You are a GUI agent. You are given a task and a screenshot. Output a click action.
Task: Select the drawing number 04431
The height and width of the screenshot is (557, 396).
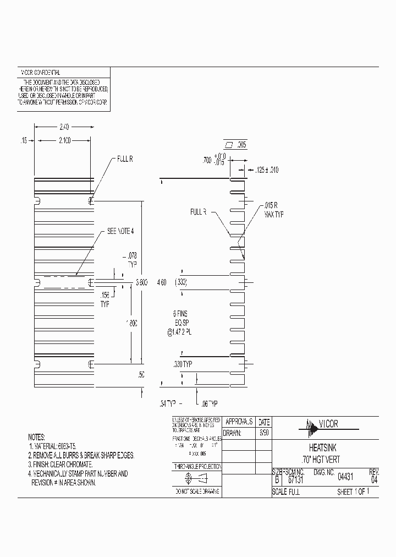tap(345, 479)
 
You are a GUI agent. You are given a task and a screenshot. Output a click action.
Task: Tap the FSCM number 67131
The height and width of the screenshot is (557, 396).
tap(296, 479)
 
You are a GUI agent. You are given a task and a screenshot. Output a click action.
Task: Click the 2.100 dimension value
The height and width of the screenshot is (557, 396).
tap(64, 140)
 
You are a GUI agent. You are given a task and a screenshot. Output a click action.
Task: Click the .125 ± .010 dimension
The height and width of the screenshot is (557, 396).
tap(267, 170)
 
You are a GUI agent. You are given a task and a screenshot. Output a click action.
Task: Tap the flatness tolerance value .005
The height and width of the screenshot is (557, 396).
tap(242, 145)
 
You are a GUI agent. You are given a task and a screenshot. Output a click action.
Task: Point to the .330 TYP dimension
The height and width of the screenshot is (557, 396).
tap(183, 364)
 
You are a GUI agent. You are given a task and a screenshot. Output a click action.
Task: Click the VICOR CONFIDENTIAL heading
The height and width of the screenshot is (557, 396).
tap(40, 73)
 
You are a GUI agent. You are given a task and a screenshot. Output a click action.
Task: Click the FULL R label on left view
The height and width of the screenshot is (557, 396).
tap(123, 159)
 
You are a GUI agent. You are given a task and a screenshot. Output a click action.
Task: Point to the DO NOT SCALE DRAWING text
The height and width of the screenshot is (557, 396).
tap(196, 490)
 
